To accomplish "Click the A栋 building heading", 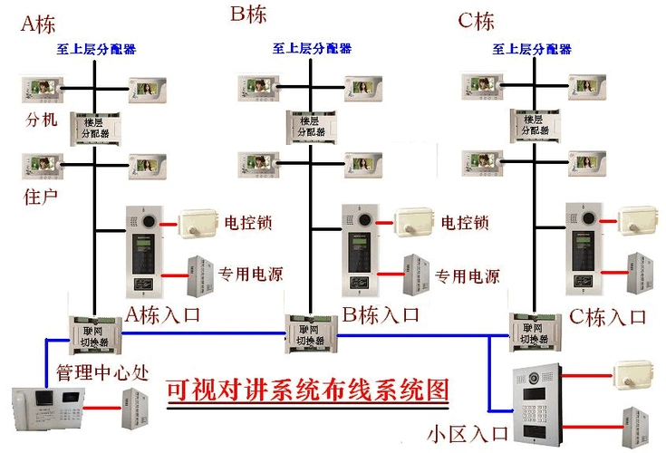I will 37,24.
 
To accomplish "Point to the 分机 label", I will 42,119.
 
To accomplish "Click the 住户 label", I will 41,196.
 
